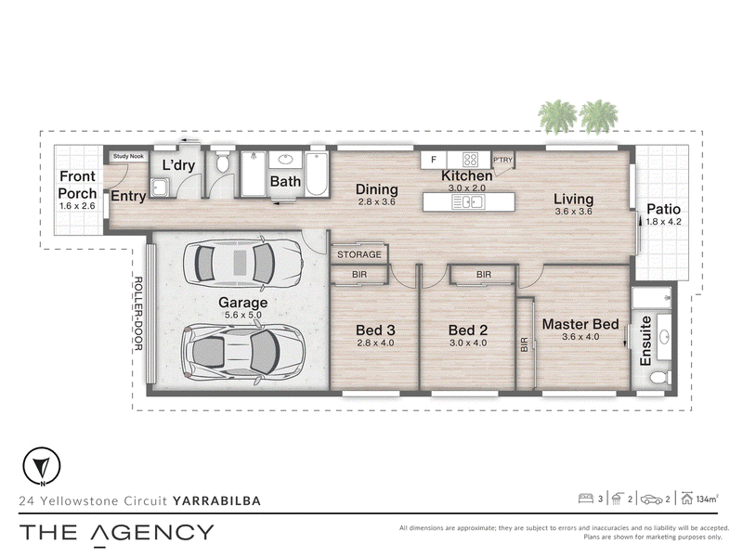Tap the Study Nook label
[128, 156]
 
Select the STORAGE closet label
[359, 254]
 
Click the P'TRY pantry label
[502, 160]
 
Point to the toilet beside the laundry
[222, 162]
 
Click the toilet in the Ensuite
[660, 378]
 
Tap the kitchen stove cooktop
[470, 159]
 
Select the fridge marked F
[434, 160]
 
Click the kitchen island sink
[468, 202]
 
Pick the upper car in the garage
[242, 262]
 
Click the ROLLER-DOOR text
[138, 314]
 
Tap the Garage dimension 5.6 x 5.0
[243, 315]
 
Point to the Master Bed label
[580, 324]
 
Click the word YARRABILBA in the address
[217, 500]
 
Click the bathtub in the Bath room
[316, 174]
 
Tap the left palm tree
[558, 116]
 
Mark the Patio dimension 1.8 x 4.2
[663, 222]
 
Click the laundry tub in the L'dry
[160, 187]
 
